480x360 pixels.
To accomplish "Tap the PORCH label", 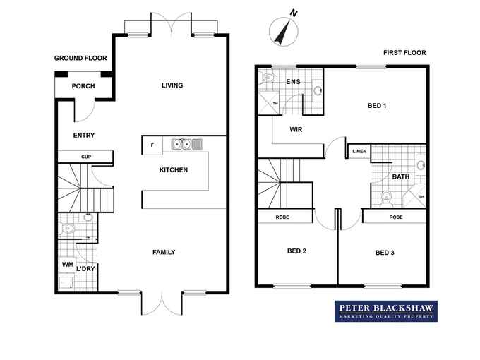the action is tap(83, 86).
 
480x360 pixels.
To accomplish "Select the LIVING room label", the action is tap(172, 85).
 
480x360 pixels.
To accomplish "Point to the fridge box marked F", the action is tap(152, 145).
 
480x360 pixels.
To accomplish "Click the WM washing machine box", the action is tap(67, 265).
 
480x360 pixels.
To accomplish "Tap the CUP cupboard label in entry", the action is tap(86, 157).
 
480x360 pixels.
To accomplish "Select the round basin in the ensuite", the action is tap(318, 90).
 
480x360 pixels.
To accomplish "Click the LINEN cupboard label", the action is tap(359, 151).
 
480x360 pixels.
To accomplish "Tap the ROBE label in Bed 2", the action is tap(282, 217).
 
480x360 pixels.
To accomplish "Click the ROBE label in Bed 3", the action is tap(396, 217).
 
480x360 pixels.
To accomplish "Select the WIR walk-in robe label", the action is tap(296, 129).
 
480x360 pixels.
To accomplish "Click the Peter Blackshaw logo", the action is tap(386, 311).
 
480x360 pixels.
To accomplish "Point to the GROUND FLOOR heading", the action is tap(80, 58).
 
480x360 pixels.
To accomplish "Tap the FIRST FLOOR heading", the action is tap(404, 53).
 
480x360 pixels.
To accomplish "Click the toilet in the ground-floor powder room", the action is tap(67, 229).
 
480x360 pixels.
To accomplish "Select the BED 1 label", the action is tap(377, 106).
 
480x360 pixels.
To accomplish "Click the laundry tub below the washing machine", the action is tap(66, 283).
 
